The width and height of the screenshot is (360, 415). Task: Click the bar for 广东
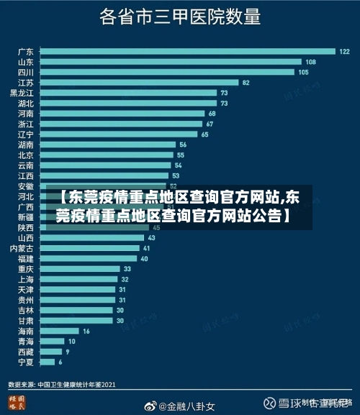(x=187, y=51)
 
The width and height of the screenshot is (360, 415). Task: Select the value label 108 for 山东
(x=311, y=62)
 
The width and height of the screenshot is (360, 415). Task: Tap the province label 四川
(x=26, y=72)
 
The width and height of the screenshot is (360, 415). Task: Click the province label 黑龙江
(x=22, y=93)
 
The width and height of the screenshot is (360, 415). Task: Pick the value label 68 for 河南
(x=212, y=114)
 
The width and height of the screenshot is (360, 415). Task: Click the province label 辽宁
(x=26, y=134)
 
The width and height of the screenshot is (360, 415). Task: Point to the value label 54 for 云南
(x=179, y=165)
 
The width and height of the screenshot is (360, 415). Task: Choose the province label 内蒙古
(x=22, y=248)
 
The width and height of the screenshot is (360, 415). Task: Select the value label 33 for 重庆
(x=127, y=269)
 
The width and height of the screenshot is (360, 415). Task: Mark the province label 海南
(x=26, y=331)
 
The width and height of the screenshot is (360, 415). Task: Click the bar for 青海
(x=50, y=341)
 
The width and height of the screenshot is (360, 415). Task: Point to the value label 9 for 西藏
(x=68, y=352)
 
